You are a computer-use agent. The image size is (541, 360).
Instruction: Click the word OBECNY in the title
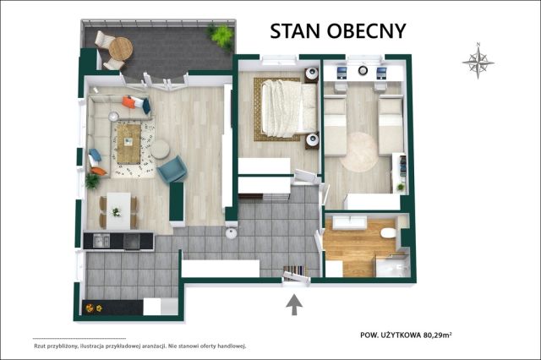pyautogui.click(x=366, y=31)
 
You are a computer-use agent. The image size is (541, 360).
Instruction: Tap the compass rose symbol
pyautogui.click(x=478, y=62)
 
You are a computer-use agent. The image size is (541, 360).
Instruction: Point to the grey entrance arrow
pyautogui.click(x=294, y=304)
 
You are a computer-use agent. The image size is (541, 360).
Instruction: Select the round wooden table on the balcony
pyautogui.click(x=120, y=48)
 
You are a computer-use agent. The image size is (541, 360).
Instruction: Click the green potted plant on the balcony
pyautogui.click(x=221, y=36)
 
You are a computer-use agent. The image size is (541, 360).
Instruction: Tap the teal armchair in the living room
pyautogui.click(x=172, y=169)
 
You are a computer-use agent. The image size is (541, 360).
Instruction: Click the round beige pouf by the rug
pyautogui.click(x=160, y=149)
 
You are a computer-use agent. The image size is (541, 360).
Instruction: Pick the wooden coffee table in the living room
pyautogui.click(x=128, y=144)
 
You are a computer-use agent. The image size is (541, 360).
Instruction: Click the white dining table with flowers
pyautogui.click(x=118, y=211)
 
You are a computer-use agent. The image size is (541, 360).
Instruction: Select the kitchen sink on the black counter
pyautogui.click(x=101, y=240)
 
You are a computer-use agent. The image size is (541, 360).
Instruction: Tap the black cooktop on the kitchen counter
pyautogui.click(x=132, y=241)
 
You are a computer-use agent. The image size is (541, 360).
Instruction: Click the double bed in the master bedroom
pyautogui.click(x=289, y=108)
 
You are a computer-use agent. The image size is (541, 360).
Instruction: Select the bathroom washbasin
pyautogui.click(x=349, y=222)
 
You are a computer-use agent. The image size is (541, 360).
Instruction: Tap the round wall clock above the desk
pyautogui.click(x=363, y=70)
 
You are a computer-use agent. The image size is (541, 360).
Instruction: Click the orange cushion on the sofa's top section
pyautogui.click(x=128, y=102)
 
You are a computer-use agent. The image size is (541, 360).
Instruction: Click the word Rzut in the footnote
pyautogui.click(x=40, y=346)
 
